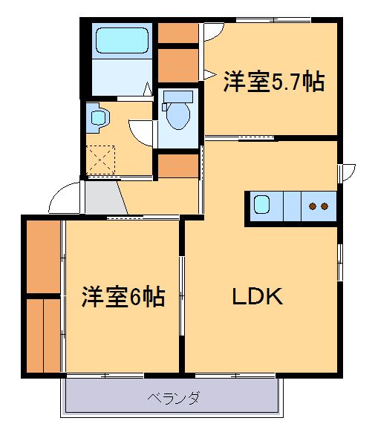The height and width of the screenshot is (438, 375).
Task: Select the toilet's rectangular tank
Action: [177, 96]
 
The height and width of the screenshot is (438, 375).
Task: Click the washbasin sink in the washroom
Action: [97, 116]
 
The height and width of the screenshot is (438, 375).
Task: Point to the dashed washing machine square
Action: [101, 159]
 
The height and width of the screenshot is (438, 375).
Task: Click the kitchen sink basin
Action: [262, 204]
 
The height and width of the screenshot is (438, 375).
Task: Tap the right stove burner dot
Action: [325, 206]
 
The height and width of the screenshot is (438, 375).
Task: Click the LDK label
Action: [256, 297]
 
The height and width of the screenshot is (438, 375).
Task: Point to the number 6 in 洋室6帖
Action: [135, 297]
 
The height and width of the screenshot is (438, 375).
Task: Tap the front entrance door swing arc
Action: [62, 196]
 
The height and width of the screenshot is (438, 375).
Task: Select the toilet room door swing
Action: [141, 133]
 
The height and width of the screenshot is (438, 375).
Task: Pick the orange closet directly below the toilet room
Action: [177, 166]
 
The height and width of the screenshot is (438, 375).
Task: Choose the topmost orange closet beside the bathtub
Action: [177, 33]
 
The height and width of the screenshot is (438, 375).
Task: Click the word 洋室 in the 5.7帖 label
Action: [245, 82]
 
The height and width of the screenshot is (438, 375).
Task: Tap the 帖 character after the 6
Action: [154, 297]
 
